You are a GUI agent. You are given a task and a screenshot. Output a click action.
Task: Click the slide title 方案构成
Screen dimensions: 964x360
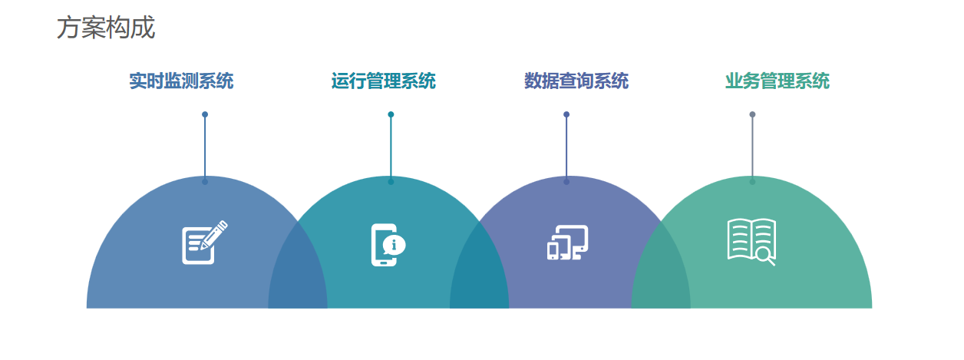point(106,28)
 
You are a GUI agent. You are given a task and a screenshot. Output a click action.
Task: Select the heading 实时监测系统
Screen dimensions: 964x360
point(181,81)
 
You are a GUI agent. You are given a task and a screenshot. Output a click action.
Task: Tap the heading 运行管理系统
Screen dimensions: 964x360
point(384,81)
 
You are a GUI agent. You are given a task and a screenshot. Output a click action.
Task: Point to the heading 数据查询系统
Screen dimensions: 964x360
point(576,81)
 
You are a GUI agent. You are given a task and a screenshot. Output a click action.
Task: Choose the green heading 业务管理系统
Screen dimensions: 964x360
point(777,81)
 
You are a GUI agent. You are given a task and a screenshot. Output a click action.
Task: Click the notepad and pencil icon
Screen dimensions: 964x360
point(204,243)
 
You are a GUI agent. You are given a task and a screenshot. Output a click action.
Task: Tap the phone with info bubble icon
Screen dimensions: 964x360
point(388,245)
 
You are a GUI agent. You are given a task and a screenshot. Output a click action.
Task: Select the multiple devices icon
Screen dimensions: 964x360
point(568,243)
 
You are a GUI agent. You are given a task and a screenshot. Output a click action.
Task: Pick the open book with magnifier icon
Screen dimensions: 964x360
point(751,242)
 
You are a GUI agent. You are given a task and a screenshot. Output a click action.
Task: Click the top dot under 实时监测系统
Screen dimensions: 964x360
point(205,114)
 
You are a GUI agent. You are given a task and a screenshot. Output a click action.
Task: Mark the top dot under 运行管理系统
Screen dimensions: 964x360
point(391,114)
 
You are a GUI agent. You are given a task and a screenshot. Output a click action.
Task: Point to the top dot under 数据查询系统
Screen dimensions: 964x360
point(566,114)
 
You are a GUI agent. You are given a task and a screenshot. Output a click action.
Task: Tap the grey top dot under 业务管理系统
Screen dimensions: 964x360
point(752,114)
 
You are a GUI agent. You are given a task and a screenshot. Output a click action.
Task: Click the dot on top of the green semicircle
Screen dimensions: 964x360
point(752,182)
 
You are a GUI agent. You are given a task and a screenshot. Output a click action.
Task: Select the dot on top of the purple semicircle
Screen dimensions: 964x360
point(566,182)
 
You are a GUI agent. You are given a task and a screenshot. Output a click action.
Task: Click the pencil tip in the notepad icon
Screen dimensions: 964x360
point(201,248)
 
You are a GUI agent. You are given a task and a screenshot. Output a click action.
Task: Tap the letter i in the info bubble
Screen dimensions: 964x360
point(393,245)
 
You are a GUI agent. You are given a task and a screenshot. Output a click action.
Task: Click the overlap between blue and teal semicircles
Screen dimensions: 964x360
point(298,271)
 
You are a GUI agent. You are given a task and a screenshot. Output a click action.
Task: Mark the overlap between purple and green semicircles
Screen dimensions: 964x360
point(661,271)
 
